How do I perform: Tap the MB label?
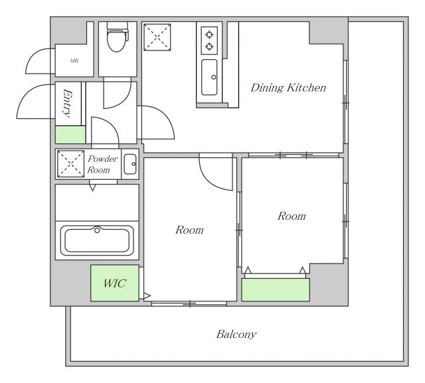coord(74,60)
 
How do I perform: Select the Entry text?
coord(68,104)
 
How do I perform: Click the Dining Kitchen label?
coord(288,88)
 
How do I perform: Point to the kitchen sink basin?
coord(209,77)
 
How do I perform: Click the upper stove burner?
coord(209,35)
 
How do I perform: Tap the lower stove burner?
coord(209,46)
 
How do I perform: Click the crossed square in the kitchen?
coord(157,37)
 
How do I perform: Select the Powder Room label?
coord(102,164)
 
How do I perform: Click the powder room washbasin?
coord(130,164)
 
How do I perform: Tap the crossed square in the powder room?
coord(71,164)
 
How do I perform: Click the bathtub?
coord(97,240)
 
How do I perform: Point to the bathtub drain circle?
coord(97,230)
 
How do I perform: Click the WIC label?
coord(115,283)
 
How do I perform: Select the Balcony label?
coord(236,335)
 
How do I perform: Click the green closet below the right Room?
coord(276,289)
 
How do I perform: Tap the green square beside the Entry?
coord(70,135)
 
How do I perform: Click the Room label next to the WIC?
coord(189,230)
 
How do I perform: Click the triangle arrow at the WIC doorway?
coord(147,296)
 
